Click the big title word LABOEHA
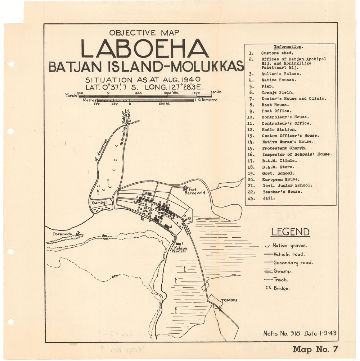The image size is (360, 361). point(145,49)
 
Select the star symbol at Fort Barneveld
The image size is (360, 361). point(185,188)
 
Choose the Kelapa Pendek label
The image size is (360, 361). point(179,250)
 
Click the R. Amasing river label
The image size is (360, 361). point(102,150)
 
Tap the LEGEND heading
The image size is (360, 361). point(290,232)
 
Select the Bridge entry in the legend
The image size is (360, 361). point(281,288)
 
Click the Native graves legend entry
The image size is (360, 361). point(289,246)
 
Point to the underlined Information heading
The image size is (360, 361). point(288,47)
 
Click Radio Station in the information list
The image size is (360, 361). point(279,129)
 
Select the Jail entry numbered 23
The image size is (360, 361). point(269,198)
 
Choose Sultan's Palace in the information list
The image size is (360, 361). point(281,74)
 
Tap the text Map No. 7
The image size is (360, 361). point(315,349)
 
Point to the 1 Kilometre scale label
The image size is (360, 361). point(206,100)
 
